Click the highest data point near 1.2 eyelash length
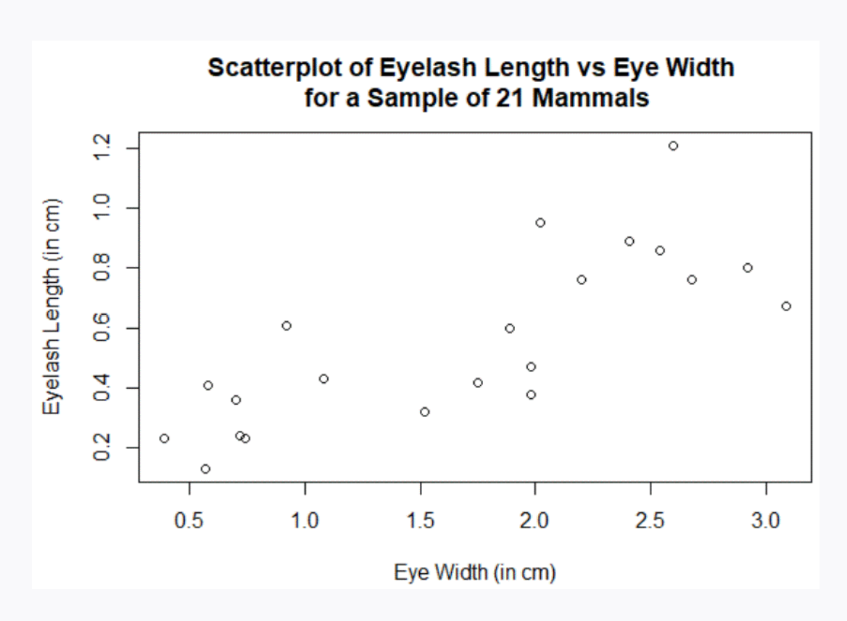click(x=673, y=146)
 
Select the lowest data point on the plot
click(x=205, y=469)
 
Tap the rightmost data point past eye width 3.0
click(x=786, y=306)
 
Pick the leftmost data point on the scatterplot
click(x=164, y=438)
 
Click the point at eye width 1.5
click(x=424, y=412)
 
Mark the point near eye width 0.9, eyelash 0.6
click(x=286, y=326)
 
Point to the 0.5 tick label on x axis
click(x=190, y=522)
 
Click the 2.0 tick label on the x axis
click(x=535, y=522)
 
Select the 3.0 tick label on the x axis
click(x=767, y=522)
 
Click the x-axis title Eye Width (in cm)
click(x=475, y=573)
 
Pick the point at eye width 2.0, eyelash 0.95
click(x=540, y=223)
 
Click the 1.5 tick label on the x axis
click(x=421, y=522)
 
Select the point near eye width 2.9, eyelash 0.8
click(x=748, y=268)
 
